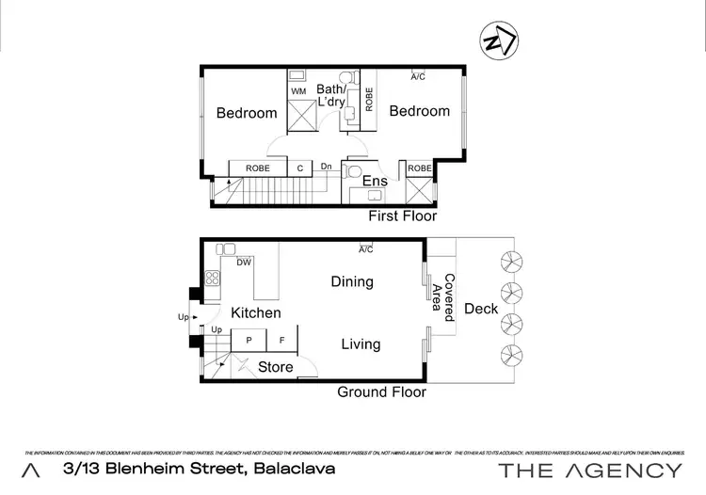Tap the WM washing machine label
[x=299, y=91]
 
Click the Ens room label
[x=376, y=181]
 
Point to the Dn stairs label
[x=327, y=168]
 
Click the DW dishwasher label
[x=243, y=263]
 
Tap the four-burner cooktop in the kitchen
[x=213, y=278]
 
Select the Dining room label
[x=352, y=281]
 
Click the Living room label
[x=361, y=344]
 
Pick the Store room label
[x=276, y=367]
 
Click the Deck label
[x=481, y=309]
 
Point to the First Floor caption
[x=402, y=216]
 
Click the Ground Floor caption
[x=381, y=392]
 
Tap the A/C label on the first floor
[x=418, y=76]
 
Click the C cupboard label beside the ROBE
[x=299, y=168]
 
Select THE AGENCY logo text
[x=589, y=471]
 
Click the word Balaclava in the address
[x=285, y=470]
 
